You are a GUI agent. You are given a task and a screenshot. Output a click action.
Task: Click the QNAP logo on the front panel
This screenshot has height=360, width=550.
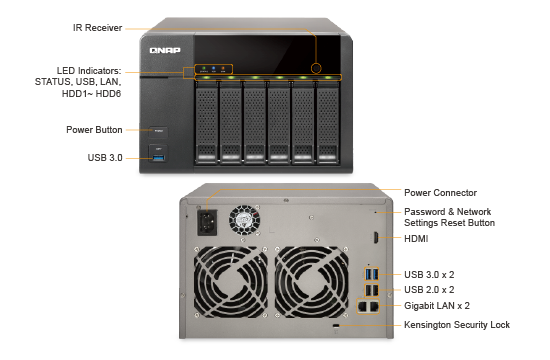coord(165,50)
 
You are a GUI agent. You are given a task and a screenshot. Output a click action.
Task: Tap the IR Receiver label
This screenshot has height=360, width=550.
coord(98,28)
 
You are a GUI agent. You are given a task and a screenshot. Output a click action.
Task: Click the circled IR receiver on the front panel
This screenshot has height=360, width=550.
coord(316,68)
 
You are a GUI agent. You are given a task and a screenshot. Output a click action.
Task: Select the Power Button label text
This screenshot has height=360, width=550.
coord(94,130)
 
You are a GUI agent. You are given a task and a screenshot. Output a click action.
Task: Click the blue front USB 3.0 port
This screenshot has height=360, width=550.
coord(159,158)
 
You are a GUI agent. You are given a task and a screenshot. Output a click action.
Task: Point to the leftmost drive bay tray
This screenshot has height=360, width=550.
coord(207,122)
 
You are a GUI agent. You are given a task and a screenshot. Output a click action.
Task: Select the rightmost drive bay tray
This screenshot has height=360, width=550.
coord(328,122)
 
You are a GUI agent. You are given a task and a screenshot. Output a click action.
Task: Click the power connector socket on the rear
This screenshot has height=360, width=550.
coord(207,222)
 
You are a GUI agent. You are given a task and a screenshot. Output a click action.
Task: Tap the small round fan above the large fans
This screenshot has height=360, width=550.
coord(244,220)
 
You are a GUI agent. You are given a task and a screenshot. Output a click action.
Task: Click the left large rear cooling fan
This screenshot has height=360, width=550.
coord(230,282)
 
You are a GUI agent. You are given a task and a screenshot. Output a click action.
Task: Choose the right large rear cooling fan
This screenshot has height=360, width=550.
coord(311,282)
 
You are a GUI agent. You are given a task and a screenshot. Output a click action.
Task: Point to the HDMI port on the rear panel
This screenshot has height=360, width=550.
coord(376,238)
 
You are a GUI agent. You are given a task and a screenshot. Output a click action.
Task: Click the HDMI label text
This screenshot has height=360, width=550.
coord(416,239)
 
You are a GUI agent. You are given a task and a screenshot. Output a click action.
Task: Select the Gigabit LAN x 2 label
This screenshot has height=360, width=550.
coord(437,306)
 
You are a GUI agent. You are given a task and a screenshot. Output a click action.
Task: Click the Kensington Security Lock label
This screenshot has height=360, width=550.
coord(457,325)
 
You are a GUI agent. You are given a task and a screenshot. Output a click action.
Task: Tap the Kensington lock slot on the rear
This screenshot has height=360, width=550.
coord(336,326)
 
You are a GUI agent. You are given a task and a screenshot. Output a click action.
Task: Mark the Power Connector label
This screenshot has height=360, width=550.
coord(440,193)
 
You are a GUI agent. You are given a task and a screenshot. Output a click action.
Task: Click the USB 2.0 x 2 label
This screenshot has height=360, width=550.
coord(429,289)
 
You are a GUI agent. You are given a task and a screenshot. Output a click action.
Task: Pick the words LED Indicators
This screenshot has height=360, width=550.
coord(89,71)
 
